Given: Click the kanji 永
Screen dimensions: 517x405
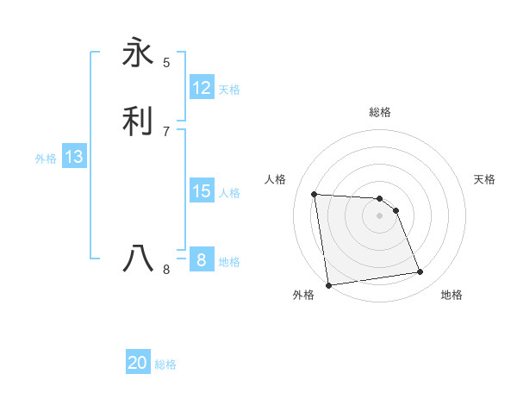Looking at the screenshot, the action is point(139,53).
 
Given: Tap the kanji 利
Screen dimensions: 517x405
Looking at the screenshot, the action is point(139,121).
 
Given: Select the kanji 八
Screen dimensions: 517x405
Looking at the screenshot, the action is point(139,258).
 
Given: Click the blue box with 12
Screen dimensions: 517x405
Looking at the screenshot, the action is point(202,88).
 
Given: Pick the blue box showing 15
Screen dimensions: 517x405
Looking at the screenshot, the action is point(202,191).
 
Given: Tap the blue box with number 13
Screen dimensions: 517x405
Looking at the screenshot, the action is point(74,157).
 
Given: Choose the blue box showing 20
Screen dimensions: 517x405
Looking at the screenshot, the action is point(138,363).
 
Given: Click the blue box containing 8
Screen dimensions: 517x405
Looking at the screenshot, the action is point(202,260).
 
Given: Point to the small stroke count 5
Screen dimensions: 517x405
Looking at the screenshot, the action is point(166,62).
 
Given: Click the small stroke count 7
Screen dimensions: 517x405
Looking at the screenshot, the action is point(166,131).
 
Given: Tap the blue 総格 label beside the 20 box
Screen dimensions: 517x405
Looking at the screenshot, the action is point(165,364).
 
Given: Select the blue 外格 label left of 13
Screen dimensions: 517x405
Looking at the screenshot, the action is point(46,159).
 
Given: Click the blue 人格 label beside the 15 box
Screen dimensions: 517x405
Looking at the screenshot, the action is point(230,193).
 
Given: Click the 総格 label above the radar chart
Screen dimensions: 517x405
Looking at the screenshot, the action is point(380,112).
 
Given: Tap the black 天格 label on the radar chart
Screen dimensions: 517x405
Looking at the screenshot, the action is point(484,179).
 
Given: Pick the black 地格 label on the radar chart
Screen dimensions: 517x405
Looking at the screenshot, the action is point(452,295).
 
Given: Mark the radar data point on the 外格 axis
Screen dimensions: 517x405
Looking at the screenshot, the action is point(328,284).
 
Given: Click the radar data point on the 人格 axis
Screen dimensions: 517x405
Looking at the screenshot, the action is point(315,194).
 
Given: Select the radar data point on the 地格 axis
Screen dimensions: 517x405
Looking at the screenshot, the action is point(420,272).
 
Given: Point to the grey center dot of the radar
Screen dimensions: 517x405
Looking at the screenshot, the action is point(380,215).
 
